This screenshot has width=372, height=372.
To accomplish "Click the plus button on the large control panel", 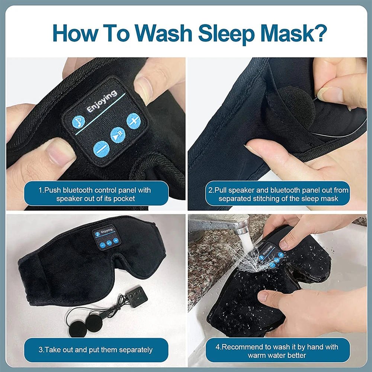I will point(133,121).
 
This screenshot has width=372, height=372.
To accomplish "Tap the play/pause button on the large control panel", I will point(118,134).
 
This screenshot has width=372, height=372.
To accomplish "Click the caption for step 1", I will point(94,194).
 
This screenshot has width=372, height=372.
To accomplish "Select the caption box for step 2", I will point(278,194).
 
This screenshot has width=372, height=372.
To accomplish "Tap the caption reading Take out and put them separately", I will point(95,350).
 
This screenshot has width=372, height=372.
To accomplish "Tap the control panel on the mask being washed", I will point(270,255).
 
